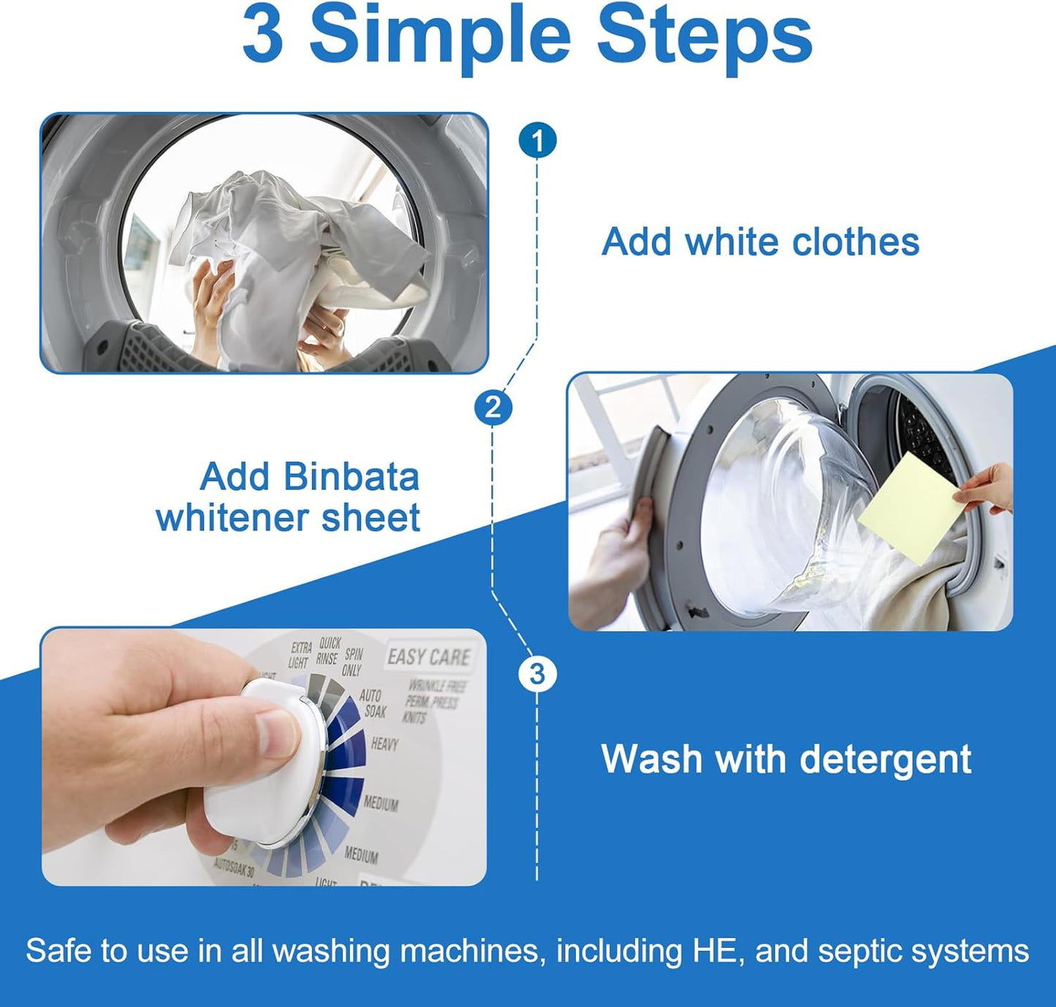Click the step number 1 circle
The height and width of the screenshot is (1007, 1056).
coord(537,140)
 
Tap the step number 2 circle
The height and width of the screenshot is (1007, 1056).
coord(493,407)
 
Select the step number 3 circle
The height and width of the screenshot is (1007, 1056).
coord(537,673)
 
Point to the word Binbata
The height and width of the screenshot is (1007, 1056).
coord(351,477)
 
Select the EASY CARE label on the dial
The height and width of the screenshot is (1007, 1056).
coord(429,657)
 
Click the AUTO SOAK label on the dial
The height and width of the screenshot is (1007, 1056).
coord(372,703)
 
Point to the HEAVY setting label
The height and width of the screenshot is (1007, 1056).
coord(384,744)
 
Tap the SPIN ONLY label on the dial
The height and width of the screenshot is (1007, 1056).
coord(352,662)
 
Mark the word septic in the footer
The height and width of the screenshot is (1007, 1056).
coord(857,952)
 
